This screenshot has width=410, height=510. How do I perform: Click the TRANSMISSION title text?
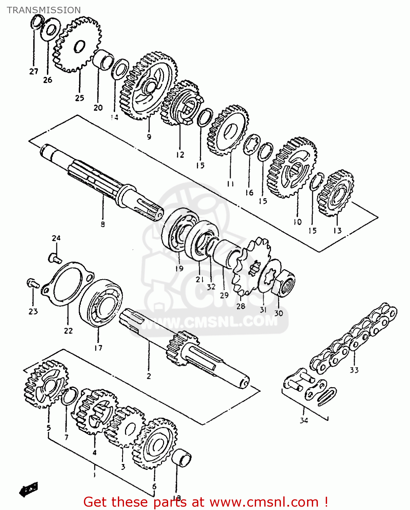(44, 10)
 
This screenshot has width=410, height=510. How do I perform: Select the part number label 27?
(34, 71)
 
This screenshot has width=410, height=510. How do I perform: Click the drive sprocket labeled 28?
(251, 267)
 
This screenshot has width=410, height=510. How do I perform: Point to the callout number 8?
(103, 224)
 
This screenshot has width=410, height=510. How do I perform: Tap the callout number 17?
(98, 348)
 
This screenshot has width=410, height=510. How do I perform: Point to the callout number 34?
(304, 421)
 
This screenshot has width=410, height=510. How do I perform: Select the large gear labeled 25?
(77, 44)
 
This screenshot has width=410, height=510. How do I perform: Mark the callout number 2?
(149, 376)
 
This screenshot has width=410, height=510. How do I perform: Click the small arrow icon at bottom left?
(29, 490)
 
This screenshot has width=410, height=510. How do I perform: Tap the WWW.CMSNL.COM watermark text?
(209, 321)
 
